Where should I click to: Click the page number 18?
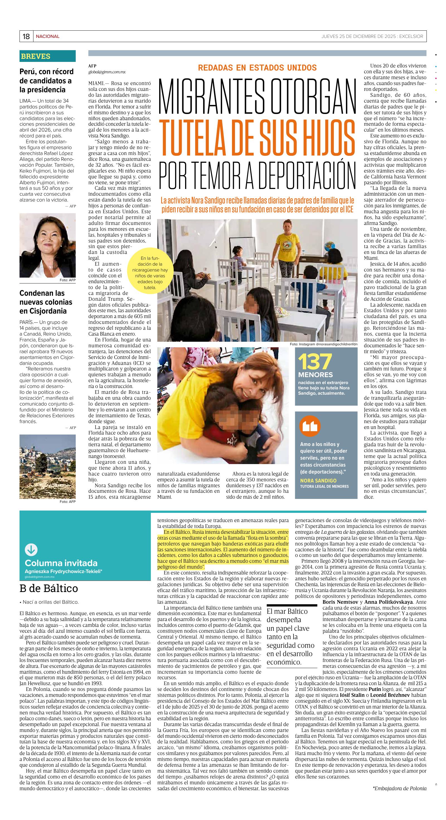point(26,36)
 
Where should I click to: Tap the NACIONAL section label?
point(47,36)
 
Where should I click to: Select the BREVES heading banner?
point(47,56)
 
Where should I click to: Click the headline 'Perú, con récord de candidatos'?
point(47,81)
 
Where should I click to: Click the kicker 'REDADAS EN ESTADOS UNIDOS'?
point(257,67)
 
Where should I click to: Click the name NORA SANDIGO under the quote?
point(318,480)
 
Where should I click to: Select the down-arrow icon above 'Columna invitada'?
point(31,550)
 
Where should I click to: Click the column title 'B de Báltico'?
point(49,588)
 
